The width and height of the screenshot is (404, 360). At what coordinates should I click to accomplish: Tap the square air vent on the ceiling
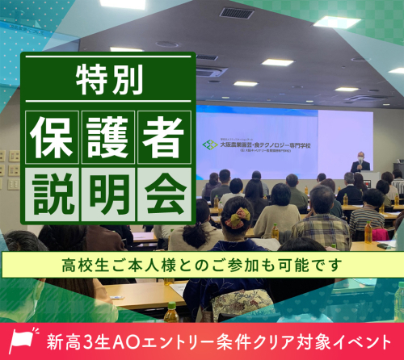coord(236,13)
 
